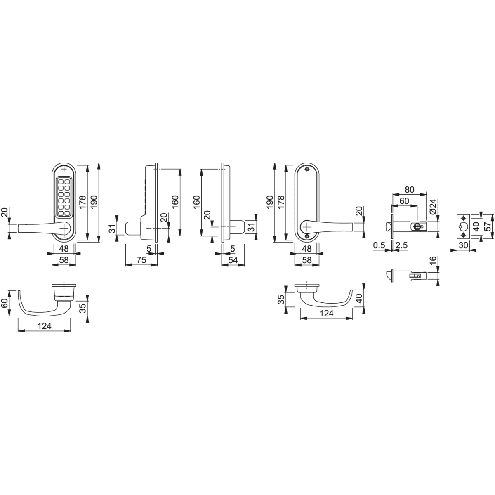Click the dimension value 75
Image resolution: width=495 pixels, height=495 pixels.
[141, 260]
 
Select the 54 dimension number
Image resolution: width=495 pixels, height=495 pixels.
[233, 260]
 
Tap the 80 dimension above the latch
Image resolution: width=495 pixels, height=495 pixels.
[410, 190]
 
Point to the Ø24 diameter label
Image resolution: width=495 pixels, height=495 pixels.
[433, 207]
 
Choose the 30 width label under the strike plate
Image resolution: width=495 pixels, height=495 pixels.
[463, 245]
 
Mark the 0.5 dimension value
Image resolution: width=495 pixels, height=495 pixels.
[379, 245]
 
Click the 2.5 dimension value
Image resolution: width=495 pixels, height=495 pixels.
[402, 245]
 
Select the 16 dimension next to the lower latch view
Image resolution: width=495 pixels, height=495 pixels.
[433, 260]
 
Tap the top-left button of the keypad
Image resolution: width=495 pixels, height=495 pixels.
[61, 182]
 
